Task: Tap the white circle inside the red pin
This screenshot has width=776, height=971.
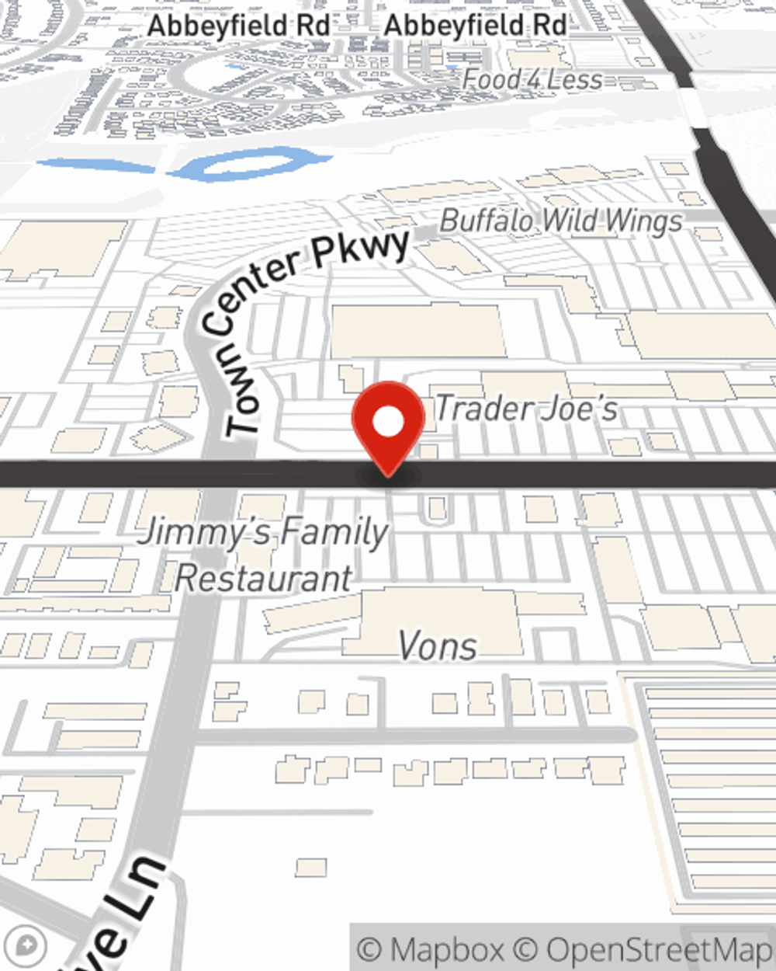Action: [x=388, y=423]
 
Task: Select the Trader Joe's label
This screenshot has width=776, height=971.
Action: [x=526, y=409]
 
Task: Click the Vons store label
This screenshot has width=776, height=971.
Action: [x=437, y=646]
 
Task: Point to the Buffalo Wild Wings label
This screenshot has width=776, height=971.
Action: [x=561, y=221]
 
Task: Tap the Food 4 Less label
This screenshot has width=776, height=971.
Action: [x=532, y=79]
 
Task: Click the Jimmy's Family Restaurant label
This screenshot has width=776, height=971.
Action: [x=264, y=555]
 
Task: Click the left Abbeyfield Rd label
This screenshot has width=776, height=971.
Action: [x=239, y=25]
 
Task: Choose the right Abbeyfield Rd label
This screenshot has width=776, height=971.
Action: [x=475, y=25]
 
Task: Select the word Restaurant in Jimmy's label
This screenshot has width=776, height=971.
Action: [x=264, y=579]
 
